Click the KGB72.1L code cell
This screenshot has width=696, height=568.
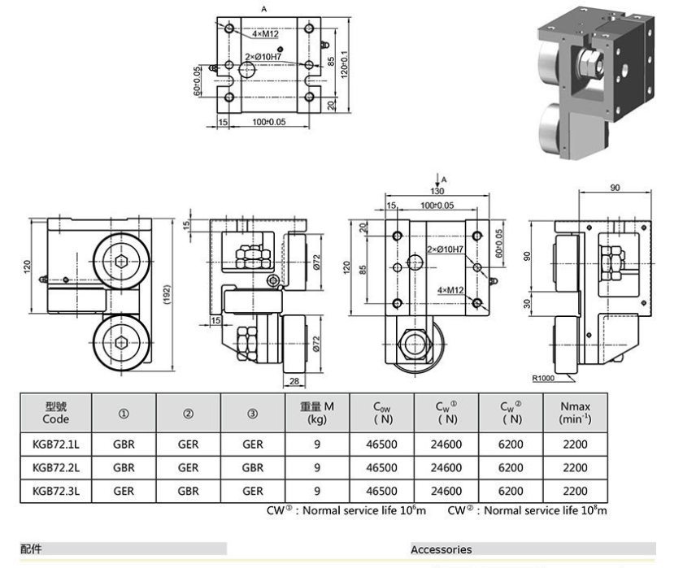(56, 444)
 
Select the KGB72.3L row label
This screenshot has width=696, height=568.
(56, 492)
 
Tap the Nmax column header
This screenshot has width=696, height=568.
(576, 412)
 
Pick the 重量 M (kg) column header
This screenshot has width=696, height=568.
(317, 412)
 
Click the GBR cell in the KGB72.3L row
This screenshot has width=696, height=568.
(188, 492)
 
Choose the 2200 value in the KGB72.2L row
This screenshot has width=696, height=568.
(576, 468)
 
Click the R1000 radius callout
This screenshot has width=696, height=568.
(543, 379)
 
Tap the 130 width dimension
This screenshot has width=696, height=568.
(437, 191)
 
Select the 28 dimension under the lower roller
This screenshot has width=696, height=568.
(294, 381)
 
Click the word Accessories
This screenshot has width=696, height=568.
(442, 550)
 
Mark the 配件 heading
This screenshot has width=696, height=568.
(31, 549)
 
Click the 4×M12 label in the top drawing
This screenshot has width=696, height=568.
(265, 34)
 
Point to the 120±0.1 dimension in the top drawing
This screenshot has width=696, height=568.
(345, 65)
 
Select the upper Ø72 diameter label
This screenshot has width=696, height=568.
(316, 262)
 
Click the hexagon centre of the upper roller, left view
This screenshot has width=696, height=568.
(121, 262)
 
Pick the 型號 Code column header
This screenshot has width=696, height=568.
(56, 412)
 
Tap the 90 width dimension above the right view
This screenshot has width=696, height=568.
(615, 188)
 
